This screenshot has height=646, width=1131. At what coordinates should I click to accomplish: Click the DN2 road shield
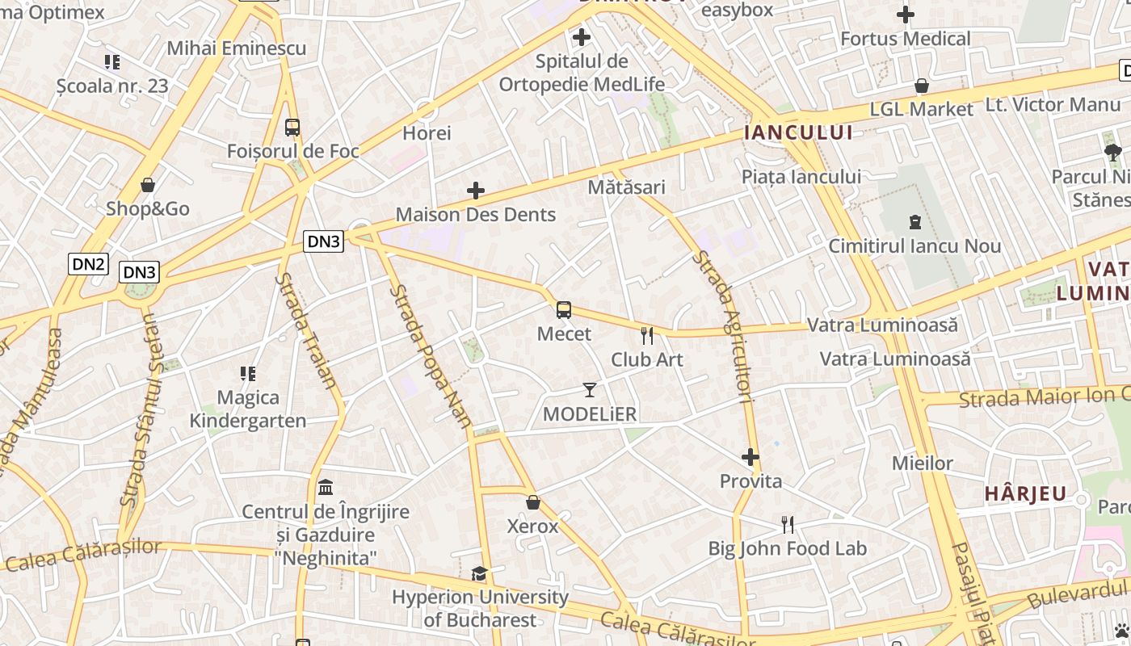[88, 263]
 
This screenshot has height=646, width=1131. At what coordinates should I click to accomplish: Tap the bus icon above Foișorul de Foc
[292, 127]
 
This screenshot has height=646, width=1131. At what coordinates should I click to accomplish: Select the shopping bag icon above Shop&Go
[147, 185]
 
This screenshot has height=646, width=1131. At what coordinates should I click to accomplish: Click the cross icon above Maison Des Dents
[476, 191]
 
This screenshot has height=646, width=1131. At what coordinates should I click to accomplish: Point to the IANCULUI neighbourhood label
[798, 132]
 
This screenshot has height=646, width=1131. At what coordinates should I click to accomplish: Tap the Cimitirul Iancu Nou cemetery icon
[914, 221]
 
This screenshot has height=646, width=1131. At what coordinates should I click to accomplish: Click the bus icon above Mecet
[564, 310]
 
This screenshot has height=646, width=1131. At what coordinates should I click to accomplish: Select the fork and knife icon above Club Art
[647, 336]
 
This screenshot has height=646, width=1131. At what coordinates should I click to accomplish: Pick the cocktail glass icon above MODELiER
[590, 390]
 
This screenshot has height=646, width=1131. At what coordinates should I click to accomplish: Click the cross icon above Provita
[750, 457]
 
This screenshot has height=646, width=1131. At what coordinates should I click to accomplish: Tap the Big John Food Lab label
[787, 549]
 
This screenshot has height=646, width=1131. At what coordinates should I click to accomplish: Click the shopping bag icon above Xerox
[532, 502]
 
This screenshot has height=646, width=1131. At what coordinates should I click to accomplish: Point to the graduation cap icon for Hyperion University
[480, 573]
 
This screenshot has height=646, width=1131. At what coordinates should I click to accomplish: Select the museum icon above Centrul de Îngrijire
[326, 487]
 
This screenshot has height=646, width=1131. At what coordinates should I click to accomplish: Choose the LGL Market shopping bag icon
[921, 86]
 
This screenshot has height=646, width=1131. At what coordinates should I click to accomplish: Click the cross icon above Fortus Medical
[906, 15]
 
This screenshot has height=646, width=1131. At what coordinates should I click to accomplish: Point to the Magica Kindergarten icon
[248, 373]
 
